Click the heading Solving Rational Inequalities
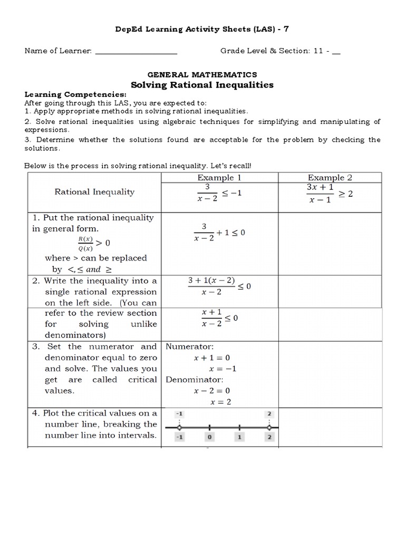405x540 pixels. coord(202,84)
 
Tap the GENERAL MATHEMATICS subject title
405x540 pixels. coord(202,75)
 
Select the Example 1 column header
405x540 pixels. coord(219,178)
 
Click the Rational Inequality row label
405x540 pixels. coord(94,192)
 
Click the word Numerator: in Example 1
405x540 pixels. coord(190,346)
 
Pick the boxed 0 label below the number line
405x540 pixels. coord(209,437)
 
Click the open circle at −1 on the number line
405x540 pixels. coord(179,427)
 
